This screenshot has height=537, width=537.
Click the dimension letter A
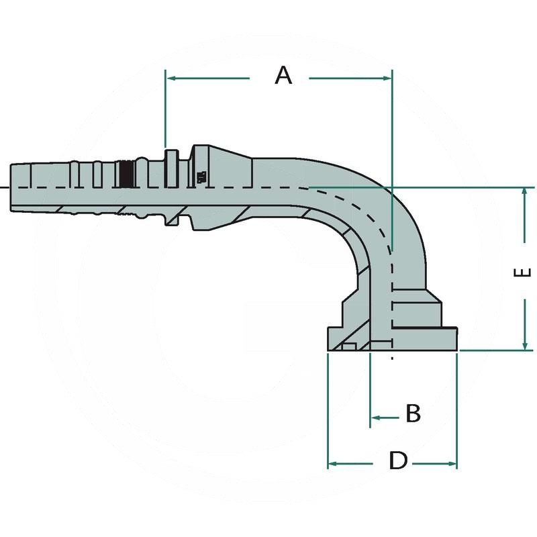[284, 75]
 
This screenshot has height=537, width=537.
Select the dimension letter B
[413, 413]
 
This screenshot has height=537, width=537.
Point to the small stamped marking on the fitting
[201, 177]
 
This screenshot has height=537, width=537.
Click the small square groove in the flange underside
[348, 346]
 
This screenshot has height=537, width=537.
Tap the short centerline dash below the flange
[392, 358]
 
